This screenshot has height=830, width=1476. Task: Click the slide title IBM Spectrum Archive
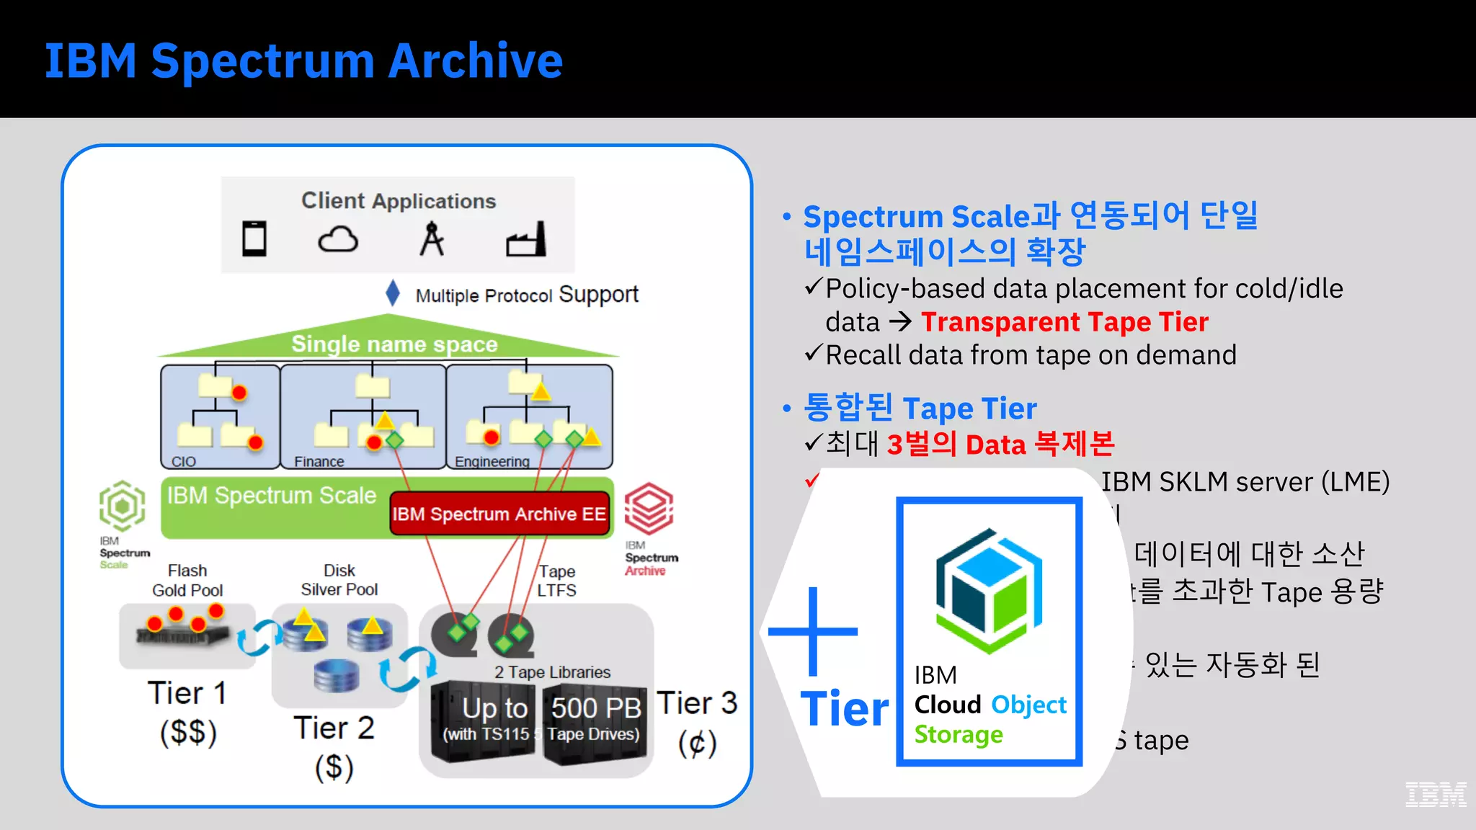(x=303, y=61)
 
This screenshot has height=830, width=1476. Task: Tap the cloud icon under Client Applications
(x=338, y=239)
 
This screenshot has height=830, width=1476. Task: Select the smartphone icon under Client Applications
(x=254, y=238)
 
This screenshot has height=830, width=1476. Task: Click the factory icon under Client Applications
(x=526, y=240)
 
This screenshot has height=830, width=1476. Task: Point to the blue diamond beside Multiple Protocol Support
(x=393, y=293)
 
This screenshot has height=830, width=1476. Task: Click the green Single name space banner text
(x=394, y=344)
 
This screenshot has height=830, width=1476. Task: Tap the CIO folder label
(x=184, y=461)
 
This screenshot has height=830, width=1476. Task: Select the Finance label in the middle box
(x=319, y=461)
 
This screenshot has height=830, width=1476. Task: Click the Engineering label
(x=492, y=461)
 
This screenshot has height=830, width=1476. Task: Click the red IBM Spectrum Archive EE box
(x=499, y=514)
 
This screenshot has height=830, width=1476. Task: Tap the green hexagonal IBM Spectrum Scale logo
(x=123, y=506)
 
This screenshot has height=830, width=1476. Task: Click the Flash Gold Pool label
(x=187, y=580)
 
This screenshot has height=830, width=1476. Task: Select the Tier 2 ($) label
(x=334, y=746)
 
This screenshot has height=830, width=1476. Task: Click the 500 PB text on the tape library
(x=596, y=708)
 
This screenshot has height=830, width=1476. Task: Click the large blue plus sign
(x=813, y=631)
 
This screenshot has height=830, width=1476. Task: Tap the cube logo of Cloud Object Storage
(x=989, y=591)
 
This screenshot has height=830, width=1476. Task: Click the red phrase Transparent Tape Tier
(x=1064, y=322)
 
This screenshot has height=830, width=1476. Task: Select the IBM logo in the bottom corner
(x=1435, y=794)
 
